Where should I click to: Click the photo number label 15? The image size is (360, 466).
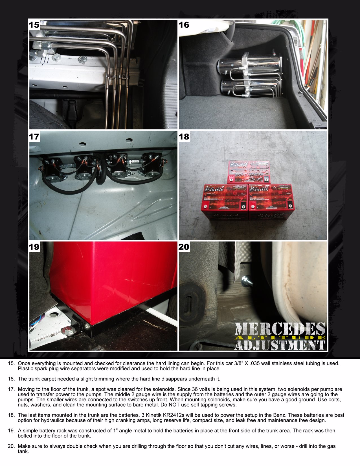click(x=34, y=25)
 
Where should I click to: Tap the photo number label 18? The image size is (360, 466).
click(x=184, y=137)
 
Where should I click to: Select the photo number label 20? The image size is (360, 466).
click(x=184, y=247)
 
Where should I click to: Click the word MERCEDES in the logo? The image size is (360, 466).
click(x=280, y=329)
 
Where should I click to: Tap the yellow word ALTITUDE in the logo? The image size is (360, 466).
click(x=280, y=338)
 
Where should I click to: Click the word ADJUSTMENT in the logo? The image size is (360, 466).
click(x=280, y=345)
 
